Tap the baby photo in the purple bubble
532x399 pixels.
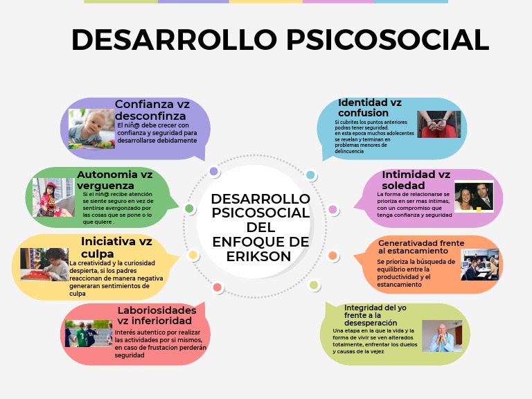click(x=91, y=129)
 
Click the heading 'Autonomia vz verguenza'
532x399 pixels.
click(x=115, y=179)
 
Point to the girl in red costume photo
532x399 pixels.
click(x=53, y=197)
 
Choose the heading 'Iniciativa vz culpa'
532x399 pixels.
click(x=116, y=247)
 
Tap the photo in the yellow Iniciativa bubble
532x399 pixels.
click(x=44, y=264)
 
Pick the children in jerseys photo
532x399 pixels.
click(x=89, y=333)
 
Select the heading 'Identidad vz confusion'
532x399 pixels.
click(x=369, y=107)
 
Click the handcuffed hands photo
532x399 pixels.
click(x=438, y=124)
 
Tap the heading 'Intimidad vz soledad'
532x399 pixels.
click(x=416, y=179)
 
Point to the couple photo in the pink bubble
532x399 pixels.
click(x=474, y=197)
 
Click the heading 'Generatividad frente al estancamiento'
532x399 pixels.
click(x=421, y=247)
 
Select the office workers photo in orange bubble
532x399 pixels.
click(x=480, y=265)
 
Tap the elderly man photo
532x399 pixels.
click(x=441, y=335)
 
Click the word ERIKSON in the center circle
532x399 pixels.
click(x=260, y=256)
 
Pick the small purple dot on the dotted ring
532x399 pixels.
click(x=214, y=171)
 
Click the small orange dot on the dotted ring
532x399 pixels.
click(x=332, y=256)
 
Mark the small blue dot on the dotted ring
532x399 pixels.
click(x=310, y=175)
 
